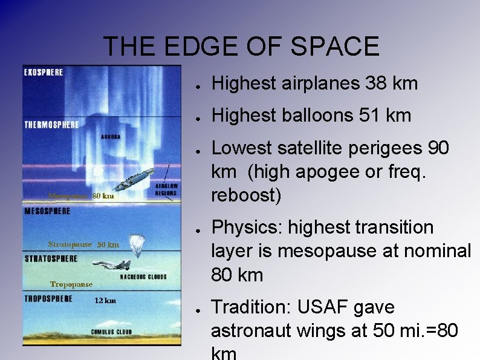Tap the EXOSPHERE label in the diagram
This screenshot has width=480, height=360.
click(43, 73)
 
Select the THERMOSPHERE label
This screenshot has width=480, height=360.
click(51, 125)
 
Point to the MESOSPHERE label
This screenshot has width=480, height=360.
click(47, 211)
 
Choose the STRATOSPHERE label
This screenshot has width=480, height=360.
click(51, 258)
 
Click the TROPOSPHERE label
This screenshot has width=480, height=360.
click(48, 298)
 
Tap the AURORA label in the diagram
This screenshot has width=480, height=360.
click(111, 137)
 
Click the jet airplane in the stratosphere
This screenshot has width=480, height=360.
click(112, 264)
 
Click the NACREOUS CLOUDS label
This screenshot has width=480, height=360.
click(143, 277)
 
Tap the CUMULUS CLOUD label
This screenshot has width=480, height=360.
click(112, 332)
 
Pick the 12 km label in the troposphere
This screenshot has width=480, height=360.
click(105, 301)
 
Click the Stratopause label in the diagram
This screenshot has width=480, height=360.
click(70, 244)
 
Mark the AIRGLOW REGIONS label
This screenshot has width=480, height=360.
click(166, 189)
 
